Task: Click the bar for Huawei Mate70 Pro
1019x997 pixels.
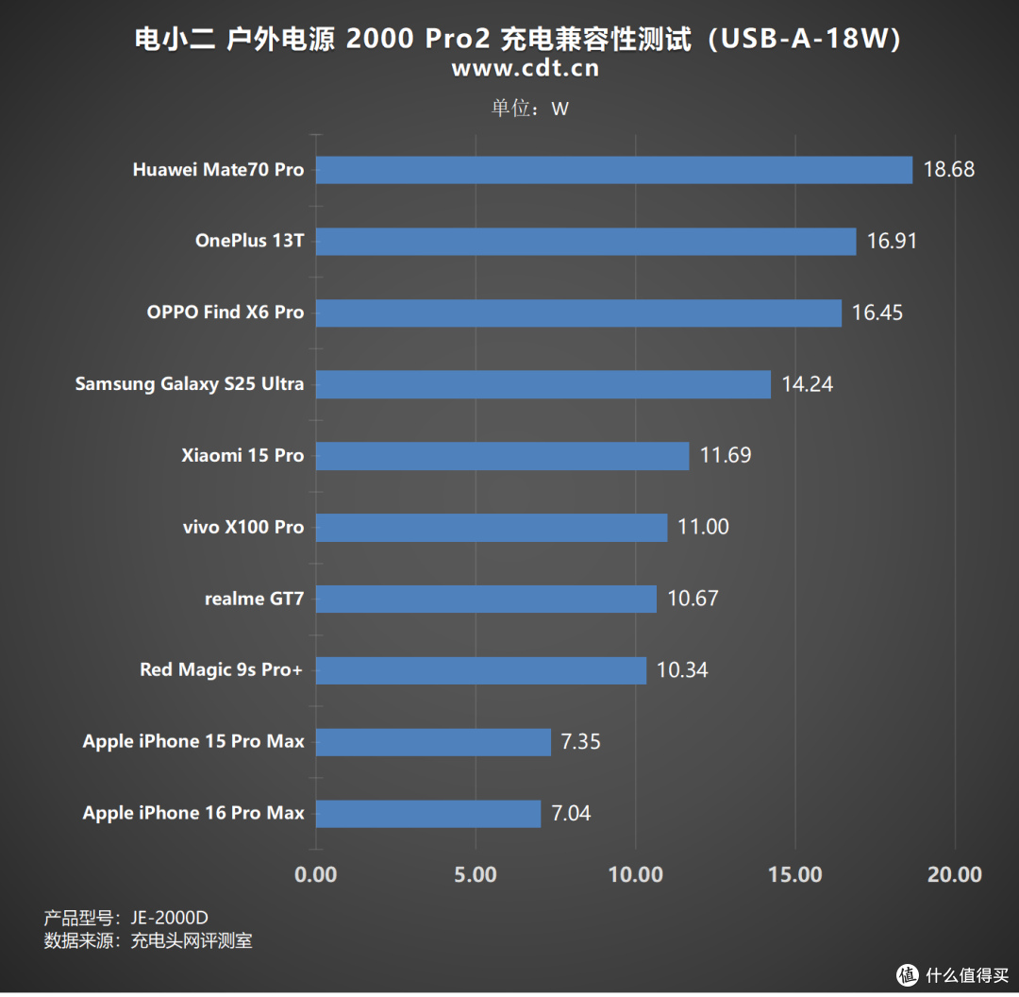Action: click(614, 170)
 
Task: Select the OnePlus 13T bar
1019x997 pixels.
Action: click(586, 241)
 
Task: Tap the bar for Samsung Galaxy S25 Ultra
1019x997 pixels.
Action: click(543, 384)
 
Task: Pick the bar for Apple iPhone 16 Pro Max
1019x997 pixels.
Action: click(428, 813)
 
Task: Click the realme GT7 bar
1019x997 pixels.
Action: click(486, 599)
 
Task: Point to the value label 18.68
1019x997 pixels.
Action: click(948, 170)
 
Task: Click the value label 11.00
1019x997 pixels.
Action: click(703, 527)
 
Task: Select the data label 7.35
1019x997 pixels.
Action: click(580, 741)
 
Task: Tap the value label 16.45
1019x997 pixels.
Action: click(877, 313)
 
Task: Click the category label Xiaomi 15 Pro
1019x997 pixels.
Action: click(242, 455)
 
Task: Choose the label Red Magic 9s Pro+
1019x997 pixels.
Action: click(222, 669)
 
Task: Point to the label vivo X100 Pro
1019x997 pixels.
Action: click(243, 527)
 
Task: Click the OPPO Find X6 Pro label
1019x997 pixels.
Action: click(226, 313)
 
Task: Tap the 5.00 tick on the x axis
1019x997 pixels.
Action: click(476, 874)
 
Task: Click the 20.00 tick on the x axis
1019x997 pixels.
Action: click(954, 874)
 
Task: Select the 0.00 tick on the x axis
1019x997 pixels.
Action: click(316, 874)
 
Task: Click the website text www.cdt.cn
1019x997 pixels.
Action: click(525, 68)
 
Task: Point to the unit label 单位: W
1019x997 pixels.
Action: click(529, 108)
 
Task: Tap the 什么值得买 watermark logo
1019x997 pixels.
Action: click(953, 973)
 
